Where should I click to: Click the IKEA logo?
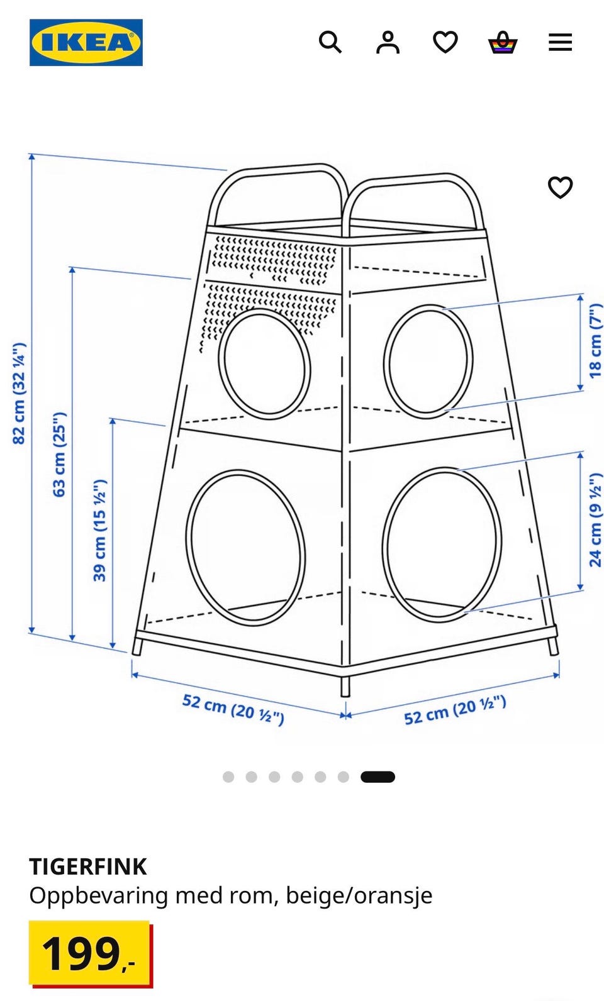click(86, 43)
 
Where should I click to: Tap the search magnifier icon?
click(330, 43)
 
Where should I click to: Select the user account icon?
click(388, 43)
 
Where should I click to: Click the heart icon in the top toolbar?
click(445, 42)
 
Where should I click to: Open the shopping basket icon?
click(503, 43)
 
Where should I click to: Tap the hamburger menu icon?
click(560, 43)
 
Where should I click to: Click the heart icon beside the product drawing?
click(560, 187)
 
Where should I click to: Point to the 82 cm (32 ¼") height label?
click(19, 393)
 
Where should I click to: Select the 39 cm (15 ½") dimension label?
click(99, 530)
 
